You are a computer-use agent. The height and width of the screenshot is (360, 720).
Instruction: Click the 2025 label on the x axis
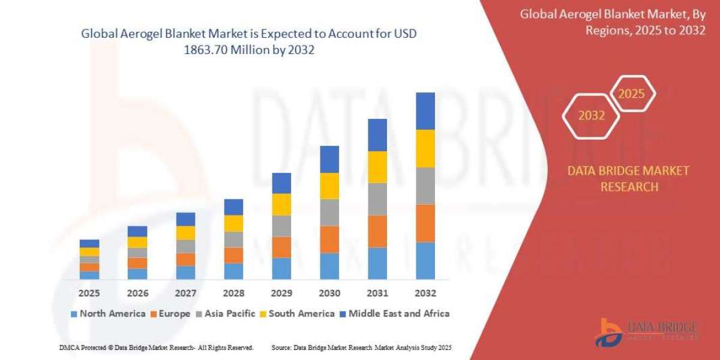(x=89, y=293)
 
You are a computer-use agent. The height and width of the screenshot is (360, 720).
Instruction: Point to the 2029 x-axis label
(x=281, y=293)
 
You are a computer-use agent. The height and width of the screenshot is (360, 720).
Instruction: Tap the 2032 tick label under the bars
(x=425, y=293)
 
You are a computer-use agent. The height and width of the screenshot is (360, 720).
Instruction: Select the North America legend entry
(x=108, y=313)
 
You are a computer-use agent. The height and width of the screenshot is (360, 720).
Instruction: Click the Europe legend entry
(x=170, y=313)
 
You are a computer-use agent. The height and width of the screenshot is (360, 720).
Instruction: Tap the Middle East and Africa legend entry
(x=394, y=313)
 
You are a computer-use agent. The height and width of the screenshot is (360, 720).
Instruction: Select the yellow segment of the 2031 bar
(x=377, y=167)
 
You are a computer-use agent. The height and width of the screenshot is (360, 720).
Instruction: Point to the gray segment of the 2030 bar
(x=329, y=212)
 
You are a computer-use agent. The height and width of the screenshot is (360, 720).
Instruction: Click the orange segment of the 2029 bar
(x=281, y=247)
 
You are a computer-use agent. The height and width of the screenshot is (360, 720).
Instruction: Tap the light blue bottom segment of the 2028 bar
(x=233, y=271)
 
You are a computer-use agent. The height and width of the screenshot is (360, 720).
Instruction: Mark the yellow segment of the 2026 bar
(x=137, y=242)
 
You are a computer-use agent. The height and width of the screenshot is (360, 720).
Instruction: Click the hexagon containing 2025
(x=631, y=94)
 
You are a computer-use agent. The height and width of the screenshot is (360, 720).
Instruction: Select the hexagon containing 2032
(x=591, y=116)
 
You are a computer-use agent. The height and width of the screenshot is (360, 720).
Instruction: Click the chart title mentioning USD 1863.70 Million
(x=249, y=43)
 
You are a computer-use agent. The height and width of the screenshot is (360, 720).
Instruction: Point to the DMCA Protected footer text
(x=157, y=347)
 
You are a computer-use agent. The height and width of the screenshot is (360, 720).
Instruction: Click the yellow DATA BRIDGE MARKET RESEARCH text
(x=629, y=179)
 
